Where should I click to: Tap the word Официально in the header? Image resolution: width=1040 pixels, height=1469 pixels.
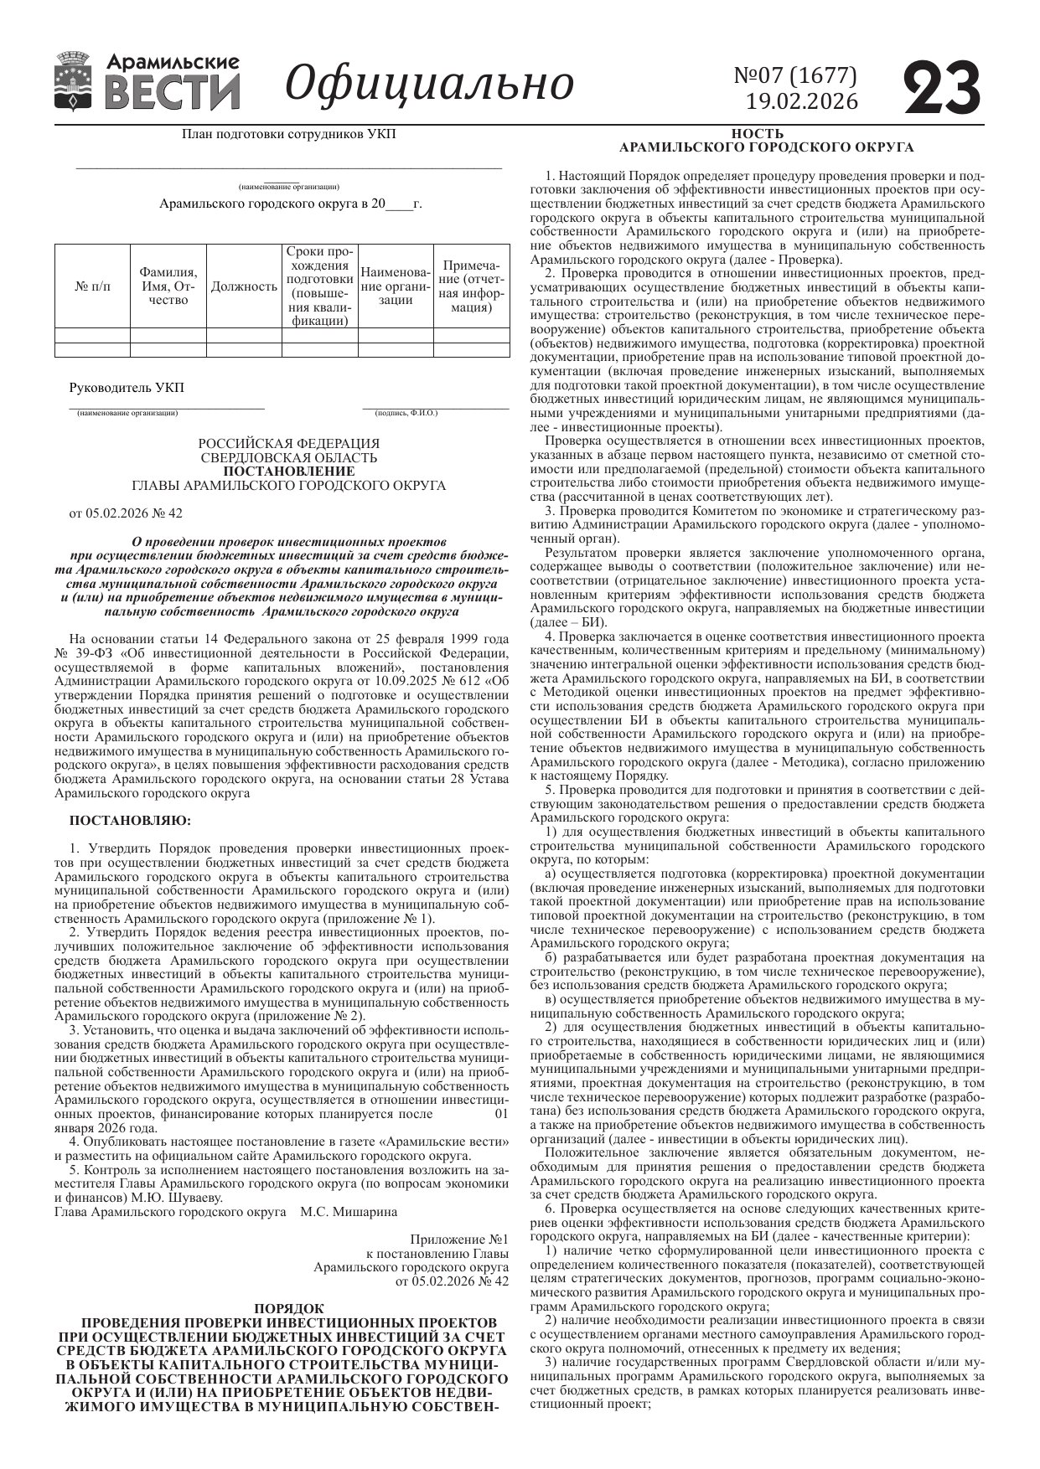pos(430,83)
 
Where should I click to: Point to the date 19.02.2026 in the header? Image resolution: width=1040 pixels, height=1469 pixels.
pos(802,101)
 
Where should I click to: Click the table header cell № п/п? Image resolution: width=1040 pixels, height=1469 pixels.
pos(92,286)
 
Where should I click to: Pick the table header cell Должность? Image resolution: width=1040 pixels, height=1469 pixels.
pos(244,286)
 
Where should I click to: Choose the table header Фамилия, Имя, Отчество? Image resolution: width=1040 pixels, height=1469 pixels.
pos(168,286)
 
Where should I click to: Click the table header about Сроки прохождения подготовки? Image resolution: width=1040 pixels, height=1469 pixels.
pos(319,286)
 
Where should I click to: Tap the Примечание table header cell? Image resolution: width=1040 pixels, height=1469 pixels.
pos(471,286)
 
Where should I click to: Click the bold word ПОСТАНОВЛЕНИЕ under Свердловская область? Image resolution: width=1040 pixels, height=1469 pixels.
pos(288,472)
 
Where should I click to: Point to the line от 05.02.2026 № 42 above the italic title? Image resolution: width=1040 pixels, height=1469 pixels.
pos(126,513)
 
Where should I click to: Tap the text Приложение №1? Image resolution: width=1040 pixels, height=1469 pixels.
pos(459,1239)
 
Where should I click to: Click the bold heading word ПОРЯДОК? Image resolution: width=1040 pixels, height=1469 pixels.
pos(288,1308)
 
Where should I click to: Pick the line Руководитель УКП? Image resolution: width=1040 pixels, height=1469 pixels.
pos(127,388)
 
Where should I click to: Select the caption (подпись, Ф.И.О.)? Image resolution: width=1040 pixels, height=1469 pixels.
pos(406,413)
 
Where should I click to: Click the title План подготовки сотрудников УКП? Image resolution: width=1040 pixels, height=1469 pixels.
pos(288,134)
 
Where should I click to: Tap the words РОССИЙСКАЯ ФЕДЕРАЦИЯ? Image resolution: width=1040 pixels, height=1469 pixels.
pos(288,443)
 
